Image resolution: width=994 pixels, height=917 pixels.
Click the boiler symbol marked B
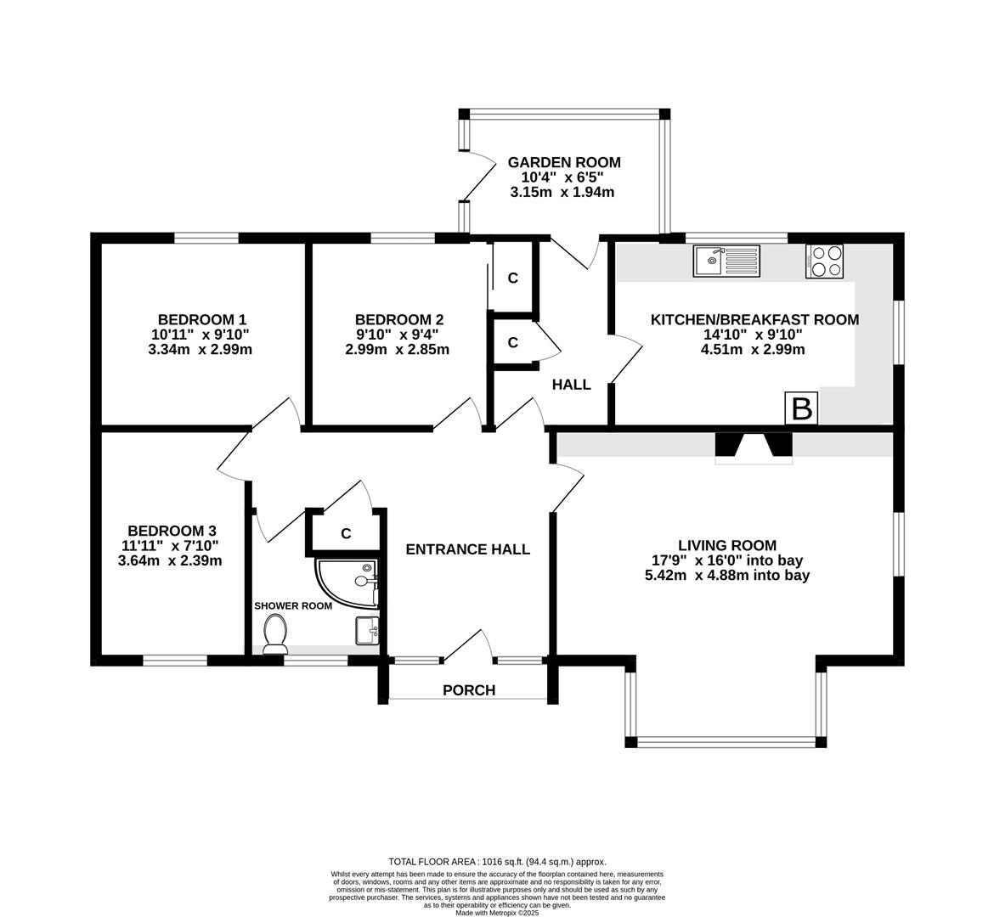coord(802,408)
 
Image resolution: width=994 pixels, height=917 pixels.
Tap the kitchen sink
coord(728,261)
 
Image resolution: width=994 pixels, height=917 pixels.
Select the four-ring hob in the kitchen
coord(823,261)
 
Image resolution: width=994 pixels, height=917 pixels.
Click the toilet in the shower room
coord(275,633)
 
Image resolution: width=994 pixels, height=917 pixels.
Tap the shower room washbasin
coord(367,631)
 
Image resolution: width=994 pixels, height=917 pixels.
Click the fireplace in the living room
coord(754,447)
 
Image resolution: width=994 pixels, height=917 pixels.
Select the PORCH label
coord(469,690)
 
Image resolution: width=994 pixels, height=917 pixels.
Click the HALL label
coord(572,385)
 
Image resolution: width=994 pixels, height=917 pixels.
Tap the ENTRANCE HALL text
coord(467,549)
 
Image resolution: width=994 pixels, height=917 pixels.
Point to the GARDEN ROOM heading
coord(564,162)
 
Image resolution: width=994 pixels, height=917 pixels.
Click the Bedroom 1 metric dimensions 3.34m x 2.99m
coord(200,349)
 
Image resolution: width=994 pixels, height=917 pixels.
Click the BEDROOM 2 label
coord(399,320)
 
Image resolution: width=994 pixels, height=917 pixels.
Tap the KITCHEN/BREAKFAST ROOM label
coord(754,320)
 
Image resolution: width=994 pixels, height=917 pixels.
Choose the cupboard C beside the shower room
coord(346,533)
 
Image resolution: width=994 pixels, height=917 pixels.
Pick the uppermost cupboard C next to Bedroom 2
coord(513,278)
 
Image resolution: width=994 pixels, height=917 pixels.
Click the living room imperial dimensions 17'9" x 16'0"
coord(727,560)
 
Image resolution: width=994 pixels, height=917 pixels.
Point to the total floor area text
coord(497,861)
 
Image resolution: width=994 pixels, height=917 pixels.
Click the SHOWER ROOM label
coord(293,606)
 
